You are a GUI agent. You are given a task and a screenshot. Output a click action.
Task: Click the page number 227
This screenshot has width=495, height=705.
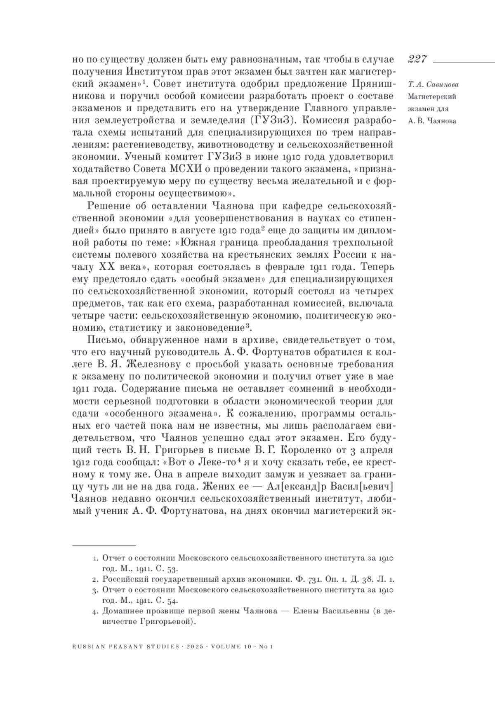417,59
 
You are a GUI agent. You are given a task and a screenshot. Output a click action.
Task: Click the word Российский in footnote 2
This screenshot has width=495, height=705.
127,579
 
